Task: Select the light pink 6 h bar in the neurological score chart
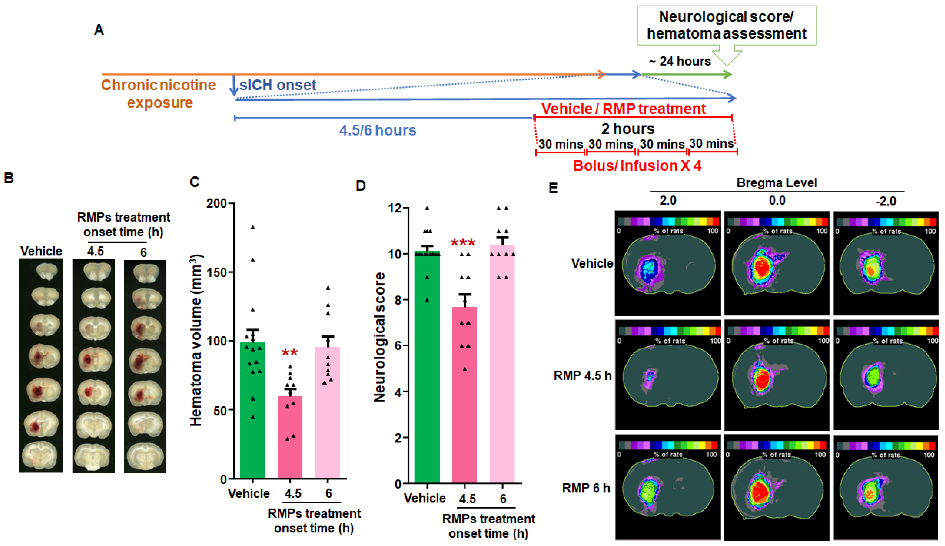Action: (x=502, y=364)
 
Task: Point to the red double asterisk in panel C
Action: (x=290, y=353)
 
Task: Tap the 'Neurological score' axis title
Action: (x=380, y=338)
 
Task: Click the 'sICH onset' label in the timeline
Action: (x=278, y=85)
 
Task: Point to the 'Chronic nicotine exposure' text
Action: (x=159, y=94)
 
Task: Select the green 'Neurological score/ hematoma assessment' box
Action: (x=727, y=25)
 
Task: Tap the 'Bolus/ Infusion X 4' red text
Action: (x=637, y=166)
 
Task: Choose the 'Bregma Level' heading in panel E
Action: (x=776, y=183)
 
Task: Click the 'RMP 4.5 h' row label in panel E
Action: (x=582, y=375)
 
